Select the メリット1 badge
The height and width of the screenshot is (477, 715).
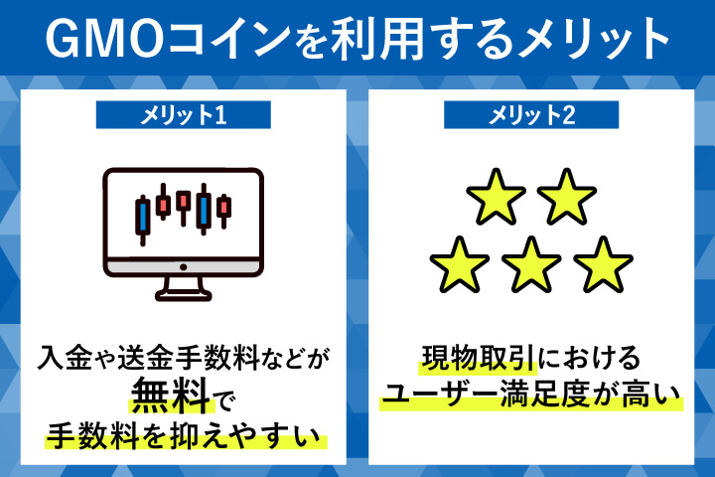pos(183,114)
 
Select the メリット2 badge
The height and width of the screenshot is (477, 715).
pos(531,114)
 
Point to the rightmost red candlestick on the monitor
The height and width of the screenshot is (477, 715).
pos(224,208)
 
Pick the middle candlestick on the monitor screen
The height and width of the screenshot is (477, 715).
pos(183,204)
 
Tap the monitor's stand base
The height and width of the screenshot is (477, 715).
pos(183,295)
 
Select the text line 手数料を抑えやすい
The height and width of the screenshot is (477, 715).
pos(183,433)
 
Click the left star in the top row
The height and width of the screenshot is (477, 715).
pos(496,195)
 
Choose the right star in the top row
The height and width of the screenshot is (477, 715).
pos(567,195)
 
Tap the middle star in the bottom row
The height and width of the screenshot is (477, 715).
pos(531,262)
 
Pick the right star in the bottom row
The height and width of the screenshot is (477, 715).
pos(603,262)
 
